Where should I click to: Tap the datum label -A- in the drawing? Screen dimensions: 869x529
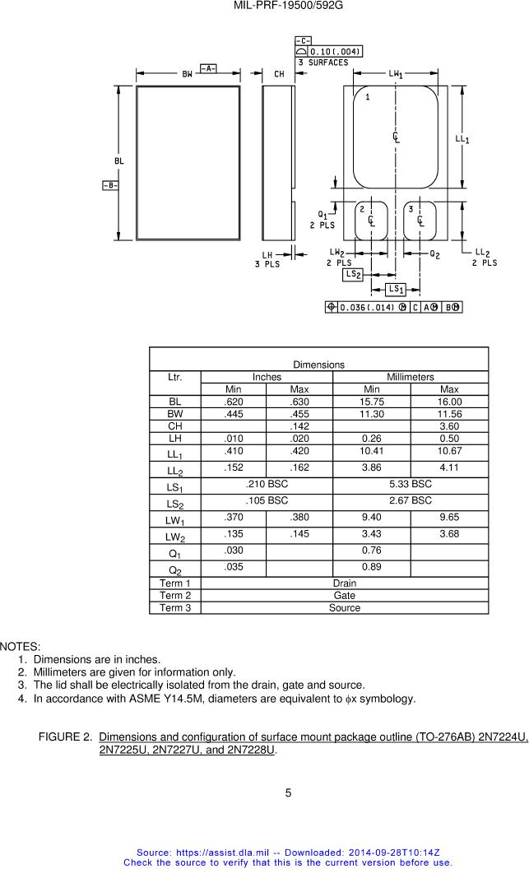pyautogui.click(x=208, y=68)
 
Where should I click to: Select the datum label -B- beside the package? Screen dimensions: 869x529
pyautogui.click(x=109, y=185)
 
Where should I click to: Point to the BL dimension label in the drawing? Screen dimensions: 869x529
pyautogui.click(x=119, y=161)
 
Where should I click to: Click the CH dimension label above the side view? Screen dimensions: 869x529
pyautogui.click(x=279, y=74)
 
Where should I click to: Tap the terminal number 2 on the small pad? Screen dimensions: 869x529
pyautogui.click(x=362, y=210)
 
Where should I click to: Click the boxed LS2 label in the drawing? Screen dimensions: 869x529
pyautogui.click(x=353, y=274)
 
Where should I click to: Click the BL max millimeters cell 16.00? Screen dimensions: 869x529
pyautogui.click(x=449, y=402)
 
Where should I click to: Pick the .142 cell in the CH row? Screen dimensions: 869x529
pyautogui.click(x=299, y=426)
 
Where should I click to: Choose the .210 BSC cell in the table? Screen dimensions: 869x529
pyautogui.click(x=267, y=485)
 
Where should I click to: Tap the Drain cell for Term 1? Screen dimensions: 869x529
pyautogui.click(x=344, y=583)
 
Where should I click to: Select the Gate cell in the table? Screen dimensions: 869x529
pyautogui.click(x=344, y=596)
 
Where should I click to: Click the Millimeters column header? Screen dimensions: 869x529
pyautogui.click(x=410, y=377)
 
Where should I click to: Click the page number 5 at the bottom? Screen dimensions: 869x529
pyautogui.click(x=288, y=793)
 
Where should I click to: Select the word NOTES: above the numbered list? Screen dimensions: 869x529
pyautogui.click(x=21, y=647)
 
